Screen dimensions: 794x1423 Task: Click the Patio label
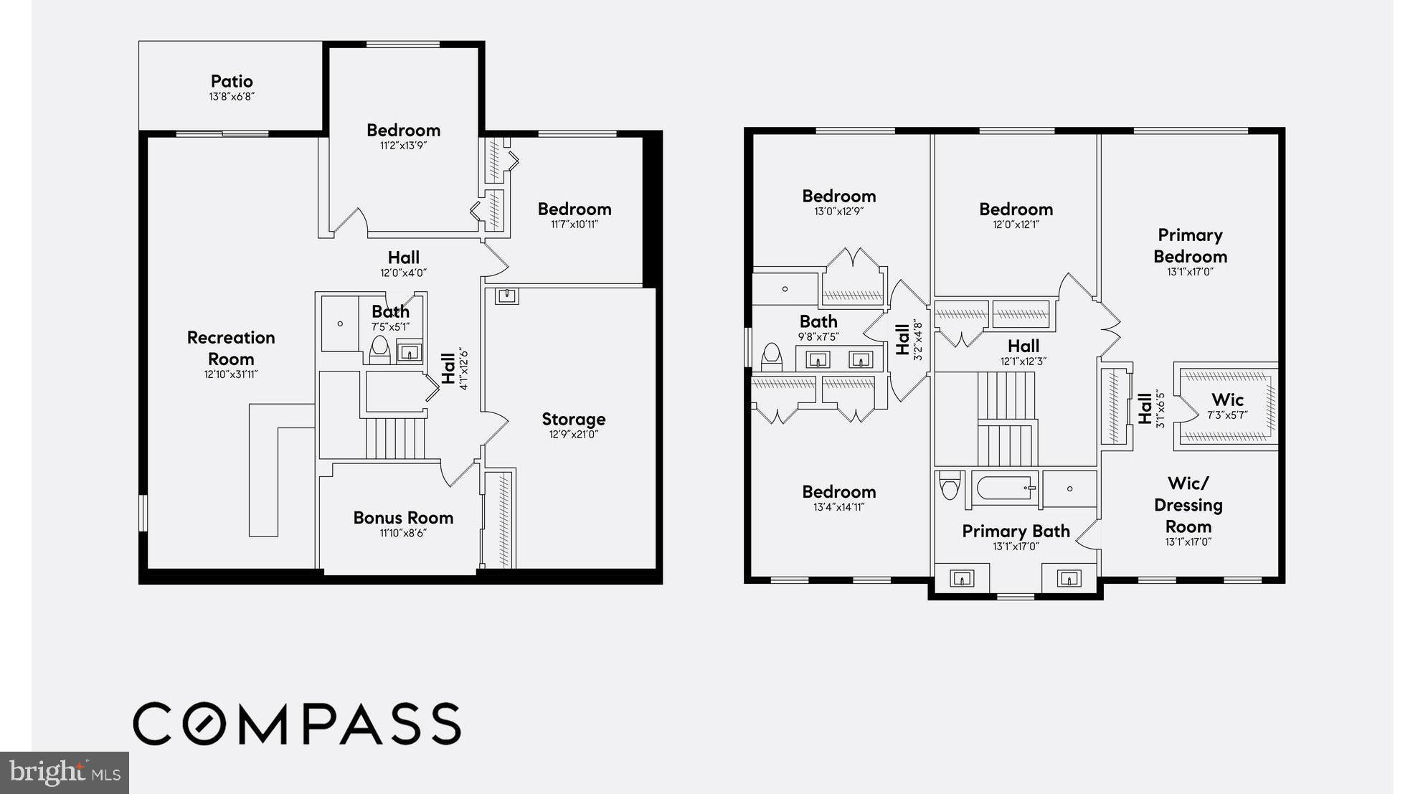pos(231,81)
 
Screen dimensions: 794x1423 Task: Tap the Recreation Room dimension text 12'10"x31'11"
pos(231,374)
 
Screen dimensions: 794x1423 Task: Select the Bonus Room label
pos(403,518)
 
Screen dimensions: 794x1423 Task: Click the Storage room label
pos(573,419)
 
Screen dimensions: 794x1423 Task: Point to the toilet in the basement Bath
pos(379,350)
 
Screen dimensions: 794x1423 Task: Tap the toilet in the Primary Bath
pos(950,486)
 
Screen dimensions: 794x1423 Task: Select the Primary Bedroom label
pos(1190,245)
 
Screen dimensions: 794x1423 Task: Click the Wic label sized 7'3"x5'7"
pos(1227,400)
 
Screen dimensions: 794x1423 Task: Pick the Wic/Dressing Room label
pos(1188,505)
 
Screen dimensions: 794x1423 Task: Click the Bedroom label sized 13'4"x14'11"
pos(838,492)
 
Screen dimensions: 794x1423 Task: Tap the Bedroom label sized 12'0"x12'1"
pos(1016,209)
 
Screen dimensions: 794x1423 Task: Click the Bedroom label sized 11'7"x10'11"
pos(575,209)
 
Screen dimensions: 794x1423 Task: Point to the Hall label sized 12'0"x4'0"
pos(403,257)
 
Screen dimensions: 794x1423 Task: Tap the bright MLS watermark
pos(65,772)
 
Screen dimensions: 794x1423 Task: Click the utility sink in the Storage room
pos(506,296)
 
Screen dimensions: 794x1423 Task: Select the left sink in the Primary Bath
pos(961,578)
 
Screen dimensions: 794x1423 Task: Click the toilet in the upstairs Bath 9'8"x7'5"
pos(771,356)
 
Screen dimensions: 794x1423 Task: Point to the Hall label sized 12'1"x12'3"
pos(1023,346)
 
